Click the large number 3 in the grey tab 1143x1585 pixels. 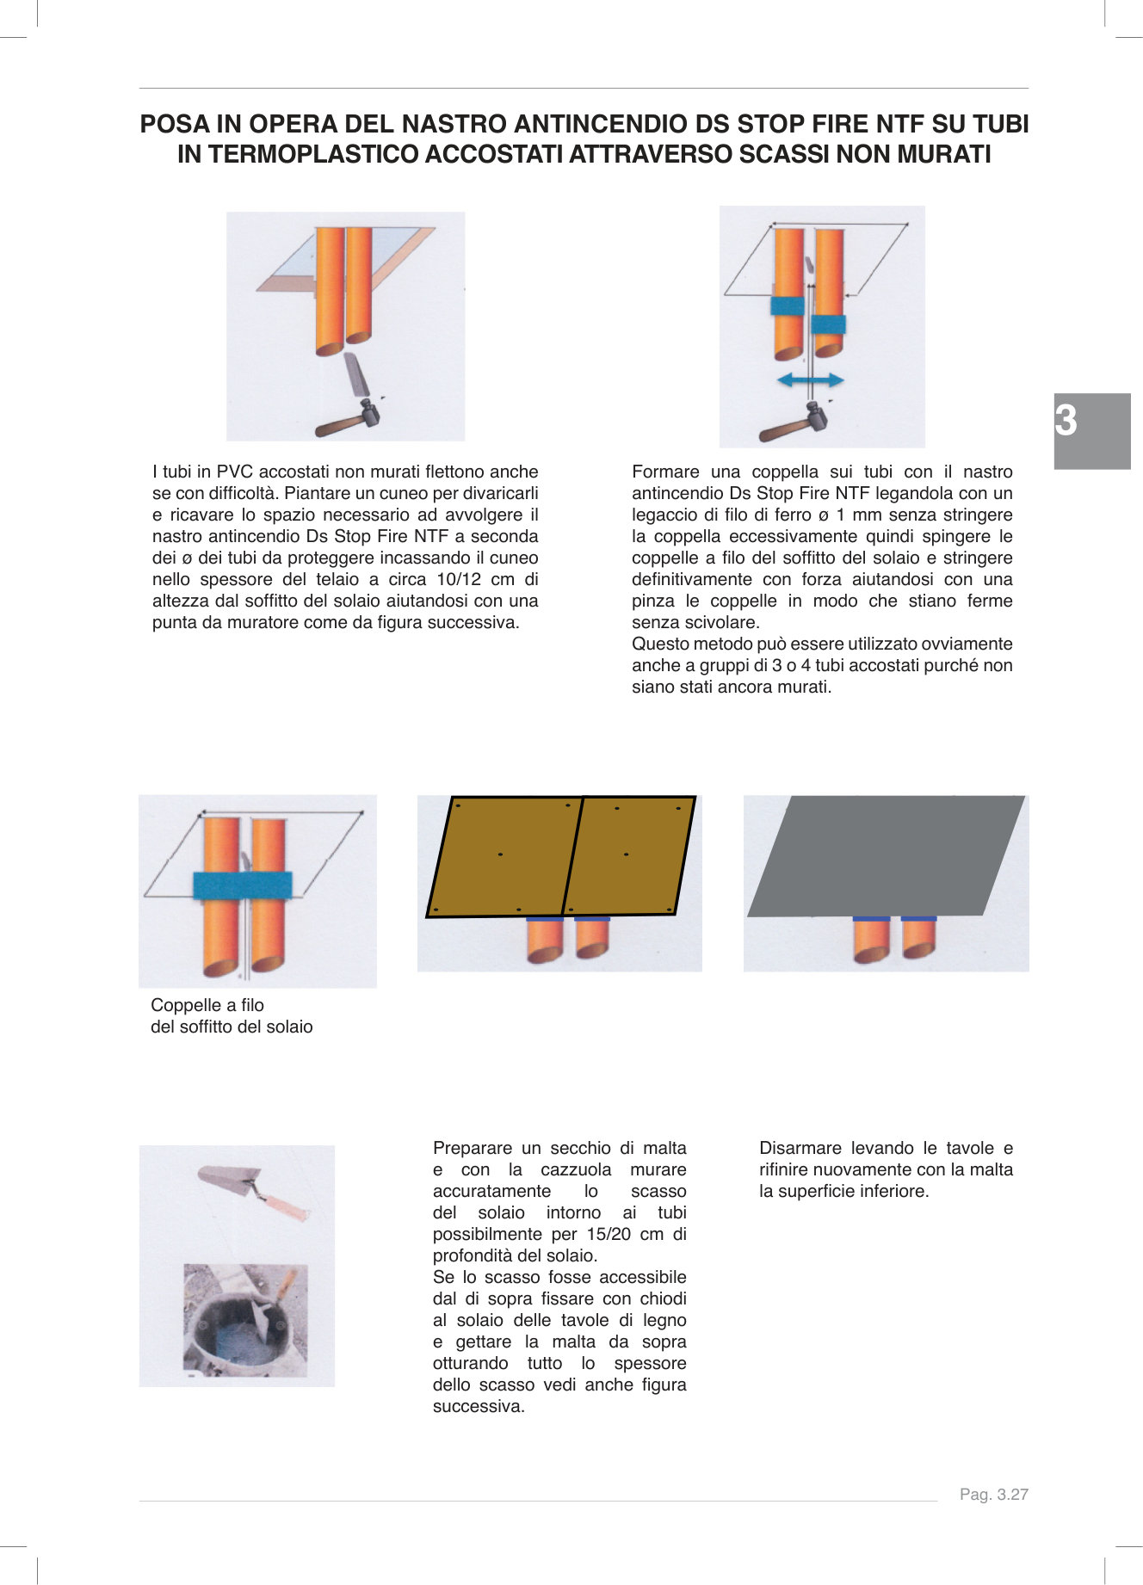[1066, 421]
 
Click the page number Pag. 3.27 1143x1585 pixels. [993, 1495]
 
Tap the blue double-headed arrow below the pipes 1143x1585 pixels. [810, 379]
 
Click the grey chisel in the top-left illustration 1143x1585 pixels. [355, 373]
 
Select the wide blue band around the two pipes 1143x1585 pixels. [243, 885]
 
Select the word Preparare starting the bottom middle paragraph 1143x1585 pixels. [473, 1148]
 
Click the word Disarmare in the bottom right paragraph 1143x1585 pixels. [800, 1148]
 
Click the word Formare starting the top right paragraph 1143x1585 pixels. [665, 472]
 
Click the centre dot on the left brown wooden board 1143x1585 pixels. [500, 854]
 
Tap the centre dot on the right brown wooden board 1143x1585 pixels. [626, 854]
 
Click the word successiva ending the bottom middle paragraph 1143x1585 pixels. [478, 1406]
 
